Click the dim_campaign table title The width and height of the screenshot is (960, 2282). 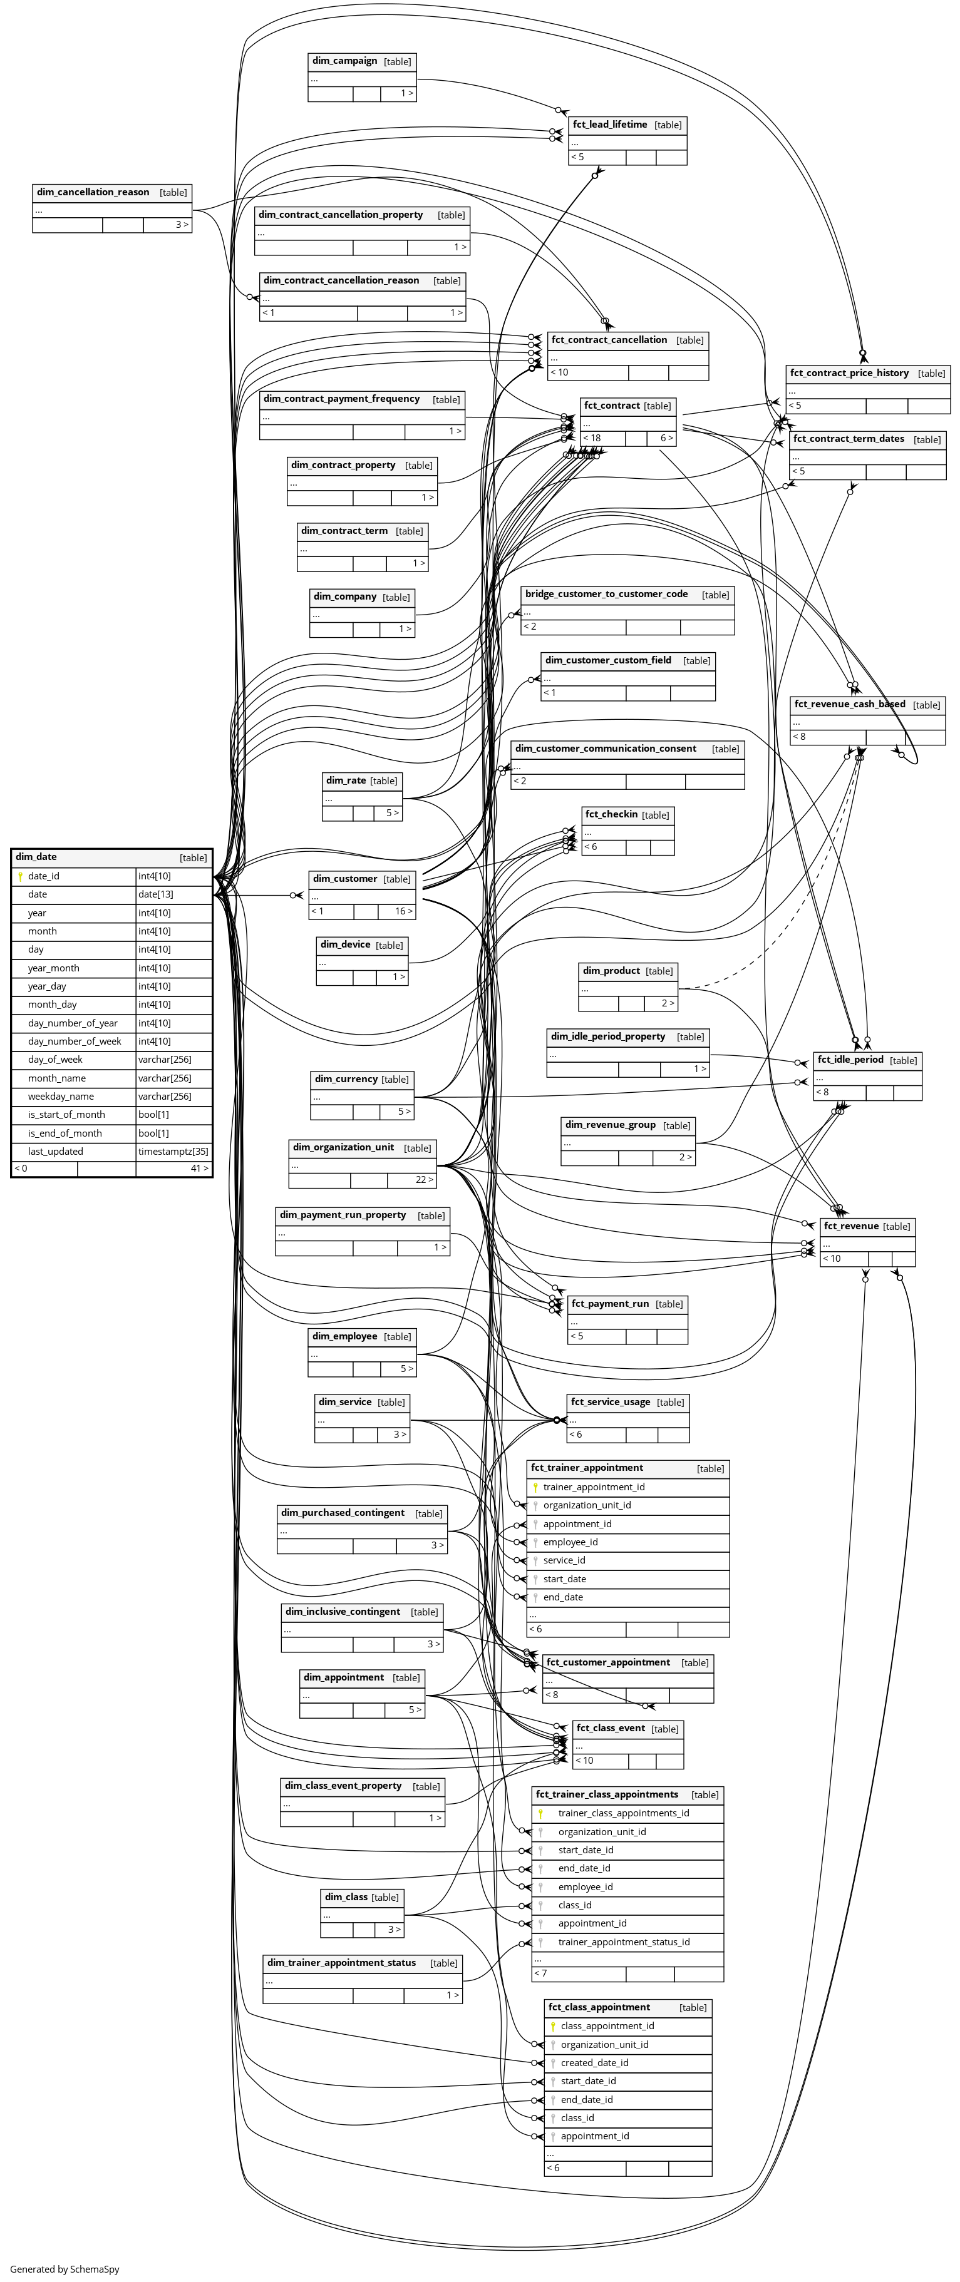(x=345, y=61)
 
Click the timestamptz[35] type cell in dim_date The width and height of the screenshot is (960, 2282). (x=173, y=1152)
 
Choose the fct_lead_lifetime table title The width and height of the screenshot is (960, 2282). (x=610, y=125)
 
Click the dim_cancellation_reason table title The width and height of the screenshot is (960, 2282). (x=93, y=192)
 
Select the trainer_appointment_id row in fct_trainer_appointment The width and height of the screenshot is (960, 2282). (x=594, y=1486)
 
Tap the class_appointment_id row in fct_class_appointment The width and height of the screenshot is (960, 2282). (x=607, y=2025)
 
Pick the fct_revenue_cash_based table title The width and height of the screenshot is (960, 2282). (x=849, y=704)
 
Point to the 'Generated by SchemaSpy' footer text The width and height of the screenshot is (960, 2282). (x=65, y=2269)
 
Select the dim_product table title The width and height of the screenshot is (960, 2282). (x=611, y=971)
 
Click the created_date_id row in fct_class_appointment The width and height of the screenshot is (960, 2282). (x=595, y=2062)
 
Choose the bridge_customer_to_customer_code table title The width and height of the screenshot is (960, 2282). (x=606, y=595)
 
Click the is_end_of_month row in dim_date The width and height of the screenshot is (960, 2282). (x=66, y=1133)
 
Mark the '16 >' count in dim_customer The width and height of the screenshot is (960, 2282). (x=403, y=911)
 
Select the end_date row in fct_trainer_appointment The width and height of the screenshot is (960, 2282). (x=563, y=1597)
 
